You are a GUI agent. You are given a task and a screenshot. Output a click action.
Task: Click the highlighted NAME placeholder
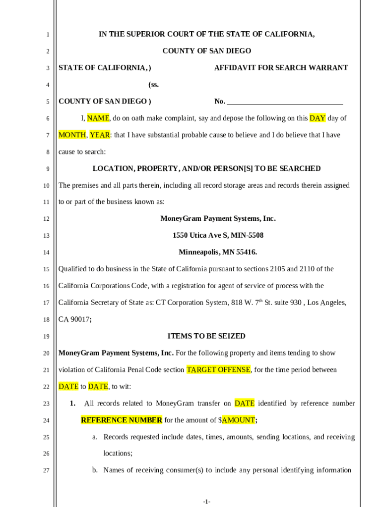coord(98,118)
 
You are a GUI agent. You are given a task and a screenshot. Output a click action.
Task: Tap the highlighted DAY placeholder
coord(318,118)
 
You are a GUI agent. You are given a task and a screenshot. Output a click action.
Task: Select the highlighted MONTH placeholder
coord(72,135)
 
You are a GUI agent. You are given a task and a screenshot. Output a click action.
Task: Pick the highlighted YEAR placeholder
coord(100,135)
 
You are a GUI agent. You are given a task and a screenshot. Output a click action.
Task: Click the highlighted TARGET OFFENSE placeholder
coord(219,370)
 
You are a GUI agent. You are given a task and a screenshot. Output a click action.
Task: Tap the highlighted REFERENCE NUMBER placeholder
coord(122,420)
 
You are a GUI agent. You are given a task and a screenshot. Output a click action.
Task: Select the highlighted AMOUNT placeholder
coord(238,420)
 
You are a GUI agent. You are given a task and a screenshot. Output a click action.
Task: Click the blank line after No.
coord(285,102)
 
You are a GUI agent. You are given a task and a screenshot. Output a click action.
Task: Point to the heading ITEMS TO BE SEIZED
coord(206,336)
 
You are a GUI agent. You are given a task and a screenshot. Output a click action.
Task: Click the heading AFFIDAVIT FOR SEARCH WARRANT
coord(281,68)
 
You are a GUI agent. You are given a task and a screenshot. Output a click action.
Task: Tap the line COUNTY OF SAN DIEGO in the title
coord(207,51)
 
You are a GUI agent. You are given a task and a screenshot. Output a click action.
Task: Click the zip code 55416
coord(246,253)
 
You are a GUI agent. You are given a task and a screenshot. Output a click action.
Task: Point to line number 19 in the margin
coord(46,337)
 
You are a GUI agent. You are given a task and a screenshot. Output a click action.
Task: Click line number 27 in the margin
coord(46,471)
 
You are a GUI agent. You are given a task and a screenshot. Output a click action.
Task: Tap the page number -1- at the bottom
coord(207,502)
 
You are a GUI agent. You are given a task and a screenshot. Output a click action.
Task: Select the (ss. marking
coord(153,85)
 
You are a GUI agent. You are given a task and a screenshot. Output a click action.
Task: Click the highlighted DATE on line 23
coord(245,404)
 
